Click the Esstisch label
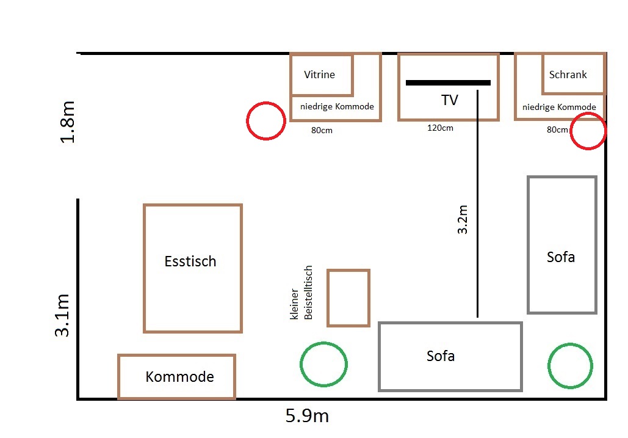190,261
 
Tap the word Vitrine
319,75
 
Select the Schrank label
568,75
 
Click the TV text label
449,100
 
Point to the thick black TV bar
448,83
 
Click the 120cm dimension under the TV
440,128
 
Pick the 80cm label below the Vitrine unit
322,130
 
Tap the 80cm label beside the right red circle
557,130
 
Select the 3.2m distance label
463,219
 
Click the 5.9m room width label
307,416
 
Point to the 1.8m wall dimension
67,122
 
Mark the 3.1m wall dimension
62,315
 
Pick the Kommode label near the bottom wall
179,377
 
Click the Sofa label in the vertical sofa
561,257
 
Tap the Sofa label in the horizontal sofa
441,356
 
